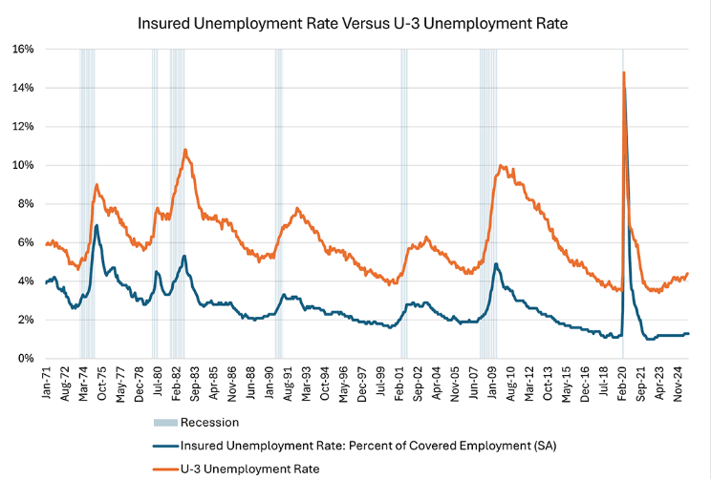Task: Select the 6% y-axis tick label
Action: click(27, 242)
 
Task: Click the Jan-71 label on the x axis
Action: click(46, 382)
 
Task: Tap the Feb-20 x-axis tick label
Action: click(624, 382)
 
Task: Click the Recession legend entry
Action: click(195, 422)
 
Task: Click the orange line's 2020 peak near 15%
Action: click(624, 73)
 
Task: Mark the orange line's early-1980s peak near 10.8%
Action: click(184, 150)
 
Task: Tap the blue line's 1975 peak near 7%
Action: click(97, 225)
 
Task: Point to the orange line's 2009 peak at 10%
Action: click(501, 165)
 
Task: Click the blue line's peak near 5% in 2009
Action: click(496, 264)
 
